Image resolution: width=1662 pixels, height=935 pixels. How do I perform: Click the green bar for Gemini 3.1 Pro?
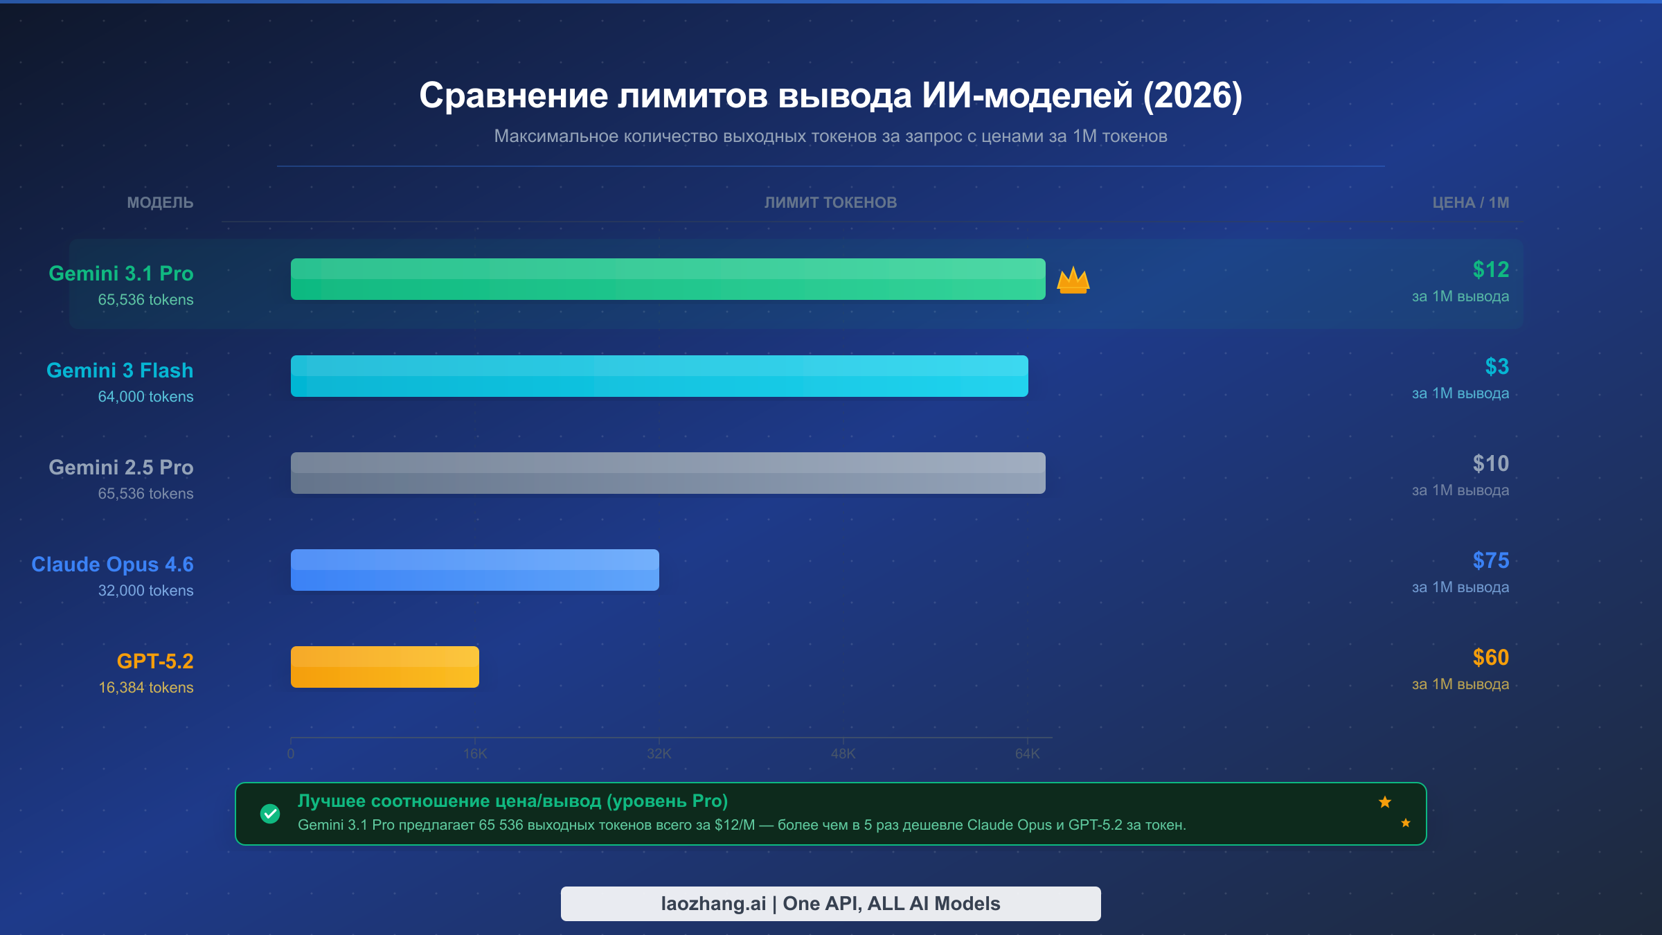tap(668, 279)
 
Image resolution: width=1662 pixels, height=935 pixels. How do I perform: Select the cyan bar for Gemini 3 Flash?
tap(659, 376)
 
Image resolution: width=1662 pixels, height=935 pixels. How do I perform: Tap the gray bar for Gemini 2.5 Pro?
tap(668, 473)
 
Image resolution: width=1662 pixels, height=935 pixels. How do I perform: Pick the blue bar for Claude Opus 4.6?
tap(474, 570)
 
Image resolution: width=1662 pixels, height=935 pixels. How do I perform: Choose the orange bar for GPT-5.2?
tap(384, 667)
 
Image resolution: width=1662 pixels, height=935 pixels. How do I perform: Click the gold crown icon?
tap(1073, 280)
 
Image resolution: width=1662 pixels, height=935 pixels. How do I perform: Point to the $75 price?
tap(1490, 560)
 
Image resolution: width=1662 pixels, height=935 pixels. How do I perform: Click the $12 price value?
tap(1490, 269)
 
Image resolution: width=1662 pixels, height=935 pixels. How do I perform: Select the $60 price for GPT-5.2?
tap(1490, 657)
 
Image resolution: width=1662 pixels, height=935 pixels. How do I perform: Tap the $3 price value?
tap(1496, 366)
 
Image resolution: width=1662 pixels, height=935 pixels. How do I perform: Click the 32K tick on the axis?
tap(659, 754)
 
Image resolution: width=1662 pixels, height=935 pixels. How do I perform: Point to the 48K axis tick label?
tap(843, 754)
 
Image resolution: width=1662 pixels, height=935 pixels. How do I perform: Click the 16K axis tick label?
tap(475, 754)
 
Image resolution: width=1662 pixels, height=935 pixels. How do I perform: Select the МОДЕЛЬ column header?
tap(160, 203)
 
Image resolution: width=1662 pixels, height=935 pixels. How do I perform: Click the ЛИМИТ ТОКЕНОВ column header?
tap(830, 203)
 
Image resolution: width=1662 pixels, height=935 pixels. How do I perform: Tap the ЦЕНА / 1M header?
tap(1470, 203)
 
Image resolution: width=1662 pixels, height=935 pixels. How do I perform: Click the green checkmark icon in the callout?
tap(270, 814)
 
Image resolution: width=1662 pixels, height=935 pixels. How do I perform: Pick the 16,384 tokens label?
tap(145, 688)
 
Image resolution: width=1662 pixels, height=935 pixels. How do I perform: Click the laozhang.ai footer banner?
tap(830, 904)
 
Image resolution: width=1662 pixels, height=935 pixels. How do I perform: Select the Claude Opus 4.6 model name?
tap(112, 564)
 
